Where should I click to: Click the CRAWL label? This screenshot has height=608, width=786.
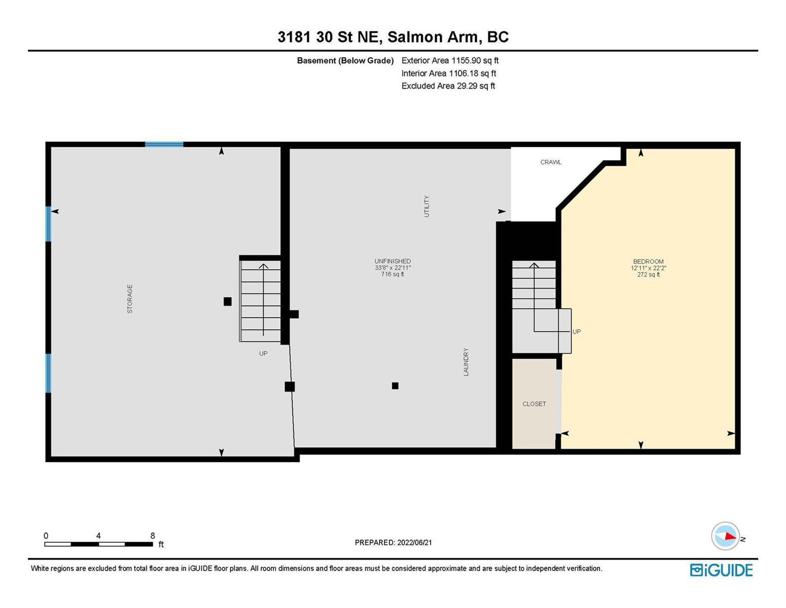click(551, 162)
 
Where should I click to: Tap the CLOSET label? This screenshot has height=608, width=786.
click(534, 404)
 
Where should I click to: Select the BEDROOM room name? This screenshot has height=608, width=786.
click(648, 261)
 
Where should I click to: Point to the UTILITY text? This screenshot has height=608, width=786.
click(427, 206)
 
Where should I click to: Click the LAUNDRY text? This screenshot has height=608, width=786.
click(466, 362)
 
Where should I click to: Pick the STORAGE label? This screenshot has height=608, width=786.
click(130, 299)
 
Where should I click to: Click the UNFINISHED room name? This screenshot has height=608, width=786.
click(392, 261)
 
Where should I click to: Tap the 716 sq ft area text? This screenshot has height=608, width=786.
click(392, 274)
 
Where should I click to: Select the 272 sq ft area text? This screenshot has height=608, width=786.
click(648, 275)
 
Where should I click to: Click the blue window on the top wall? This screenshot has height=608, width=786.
click(164, 144)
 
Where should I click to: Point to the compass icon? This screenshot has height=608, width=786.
click(725, 536)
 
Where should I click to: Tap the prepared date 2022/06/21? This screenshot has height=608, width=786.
click(415, 543)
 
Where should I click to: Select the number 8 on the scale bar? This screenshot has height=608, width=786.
click(153, 536)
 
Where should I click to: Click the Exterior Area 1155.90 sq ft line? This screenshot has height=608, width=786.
click(450, 60)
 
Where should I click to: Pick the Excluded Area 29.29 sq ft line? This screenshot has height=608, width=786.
click(448, 86)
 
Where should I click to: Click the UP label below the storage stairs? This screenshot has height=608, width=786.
click(263, 354)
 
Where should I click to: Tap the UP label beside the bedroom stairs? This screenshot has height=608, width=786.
click(576, 332)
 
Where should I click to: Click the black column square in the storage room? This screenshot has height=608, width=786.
click(228, 301)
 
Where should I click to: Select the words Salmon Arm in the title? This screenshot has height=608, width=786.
click(433, 37)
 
